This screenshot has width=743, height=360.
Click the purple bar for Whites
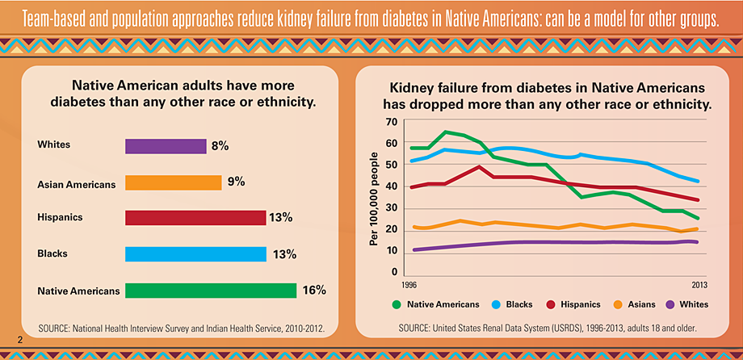pyautogui.click(x=166, y=146)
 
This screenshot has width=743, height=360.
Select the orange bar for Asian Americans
pyautogui.click(x=173, y=182)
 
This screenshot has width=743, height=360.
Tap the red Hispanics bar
pyautogui.click(x=195, y=218)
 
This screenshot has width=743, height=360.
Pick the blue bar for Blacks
pyautogui.click(x=195, y=254)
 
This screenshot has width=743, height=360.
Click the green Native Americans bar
pyautogui.click(x=210, y=290)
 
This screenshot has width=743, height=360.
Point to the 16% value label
pyautogui.click(x=313, y=290)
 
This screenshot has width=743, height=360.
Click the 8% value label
pyautogui.click(x=220, y=146)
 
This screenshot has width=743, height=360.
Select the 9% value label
pyautogui.click(x=236, y=182)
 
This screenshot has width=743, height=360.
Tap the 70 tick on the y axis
pyautogui.click(x=392, y=122)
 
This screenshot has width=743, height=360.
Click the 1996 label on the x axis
pyautogui.click(x=410, y=286)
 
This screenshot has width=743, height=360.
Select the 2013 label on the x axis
pyautogui.click(x=699, y=286)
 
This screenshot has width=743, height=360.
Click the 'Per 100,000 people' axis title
pyautogui.click(x=374, y=197)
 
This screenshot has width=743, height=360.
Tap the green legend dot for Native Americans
pyautogui.click(x=397, y=304)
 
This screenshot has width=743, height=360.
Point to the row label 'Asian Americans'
pyautogui.click(x=77, y=184)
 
